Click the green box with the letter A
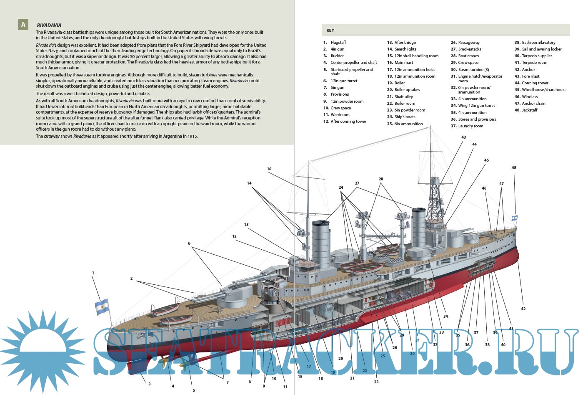click(23, 25)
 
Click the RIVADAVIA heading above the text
click(49, 25)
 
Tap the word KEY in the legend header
click(330, 30)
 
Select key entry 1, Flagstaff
click(338, 43)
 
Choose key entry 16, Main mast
click(403, 63)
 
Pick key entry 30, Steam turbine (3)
click(473, 70)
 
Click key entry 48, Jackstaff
click(529, 110)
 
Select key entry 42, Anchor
click(528, 70)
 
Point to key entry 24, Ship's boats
click(404, 117)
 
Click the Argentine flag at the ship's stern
click(102, 307)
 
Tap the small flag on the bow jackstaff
click(515, 218)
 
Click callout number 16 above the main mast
click(269, 169)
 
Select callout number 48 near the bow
click(514, 168)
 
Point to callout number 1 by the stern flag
click(93, 273)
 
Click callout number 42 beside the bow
click(523, 309)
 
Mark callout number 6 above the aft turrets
click(189, 243)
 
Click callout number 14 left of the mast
click(249, 183)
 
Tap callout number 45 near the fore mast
click(486, 160)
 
